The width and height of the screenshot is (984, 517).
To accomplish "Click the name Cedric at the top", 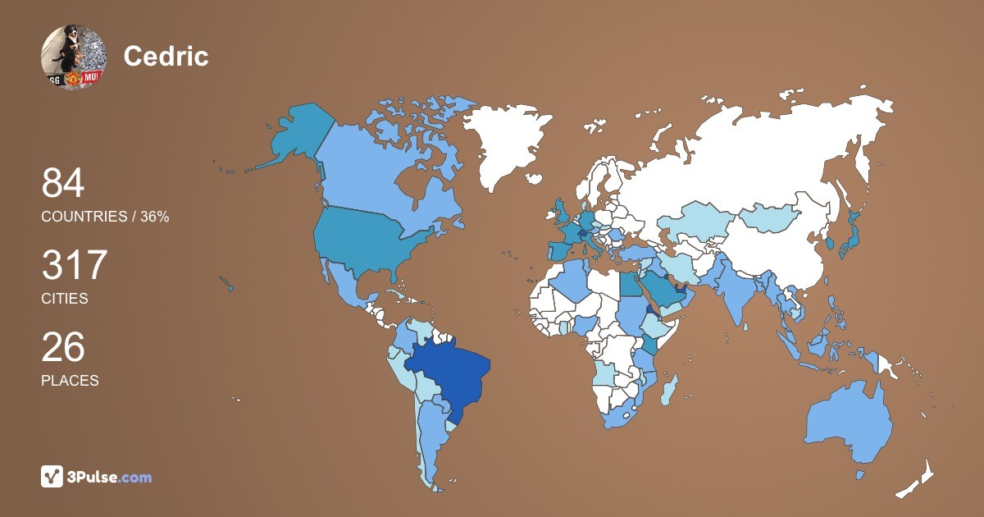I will [166, 57].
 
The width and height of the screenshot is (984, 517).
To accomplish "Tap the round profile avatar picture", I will [74, 57].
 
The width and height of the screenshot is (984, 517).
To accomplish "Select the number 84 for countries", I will [63, 184].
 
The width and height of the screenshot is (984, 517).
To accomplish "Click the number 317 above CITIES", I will [75, 266].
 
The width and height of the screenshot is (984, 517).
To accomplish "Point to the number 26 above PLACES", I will [63, 348].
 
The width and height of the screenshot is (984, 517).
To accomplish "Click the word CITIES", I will [65, 299].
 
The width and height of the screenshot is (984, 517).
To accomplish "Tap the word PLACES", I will [70, 381].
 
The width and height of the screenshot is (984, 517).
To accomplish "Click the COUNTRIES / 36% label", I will [105, 217].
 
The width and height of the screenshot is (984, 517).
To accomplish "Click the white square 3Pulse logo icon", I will [52, 477].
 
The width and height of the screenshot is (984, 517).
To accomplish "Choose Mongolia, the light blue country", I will [771, 217].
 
